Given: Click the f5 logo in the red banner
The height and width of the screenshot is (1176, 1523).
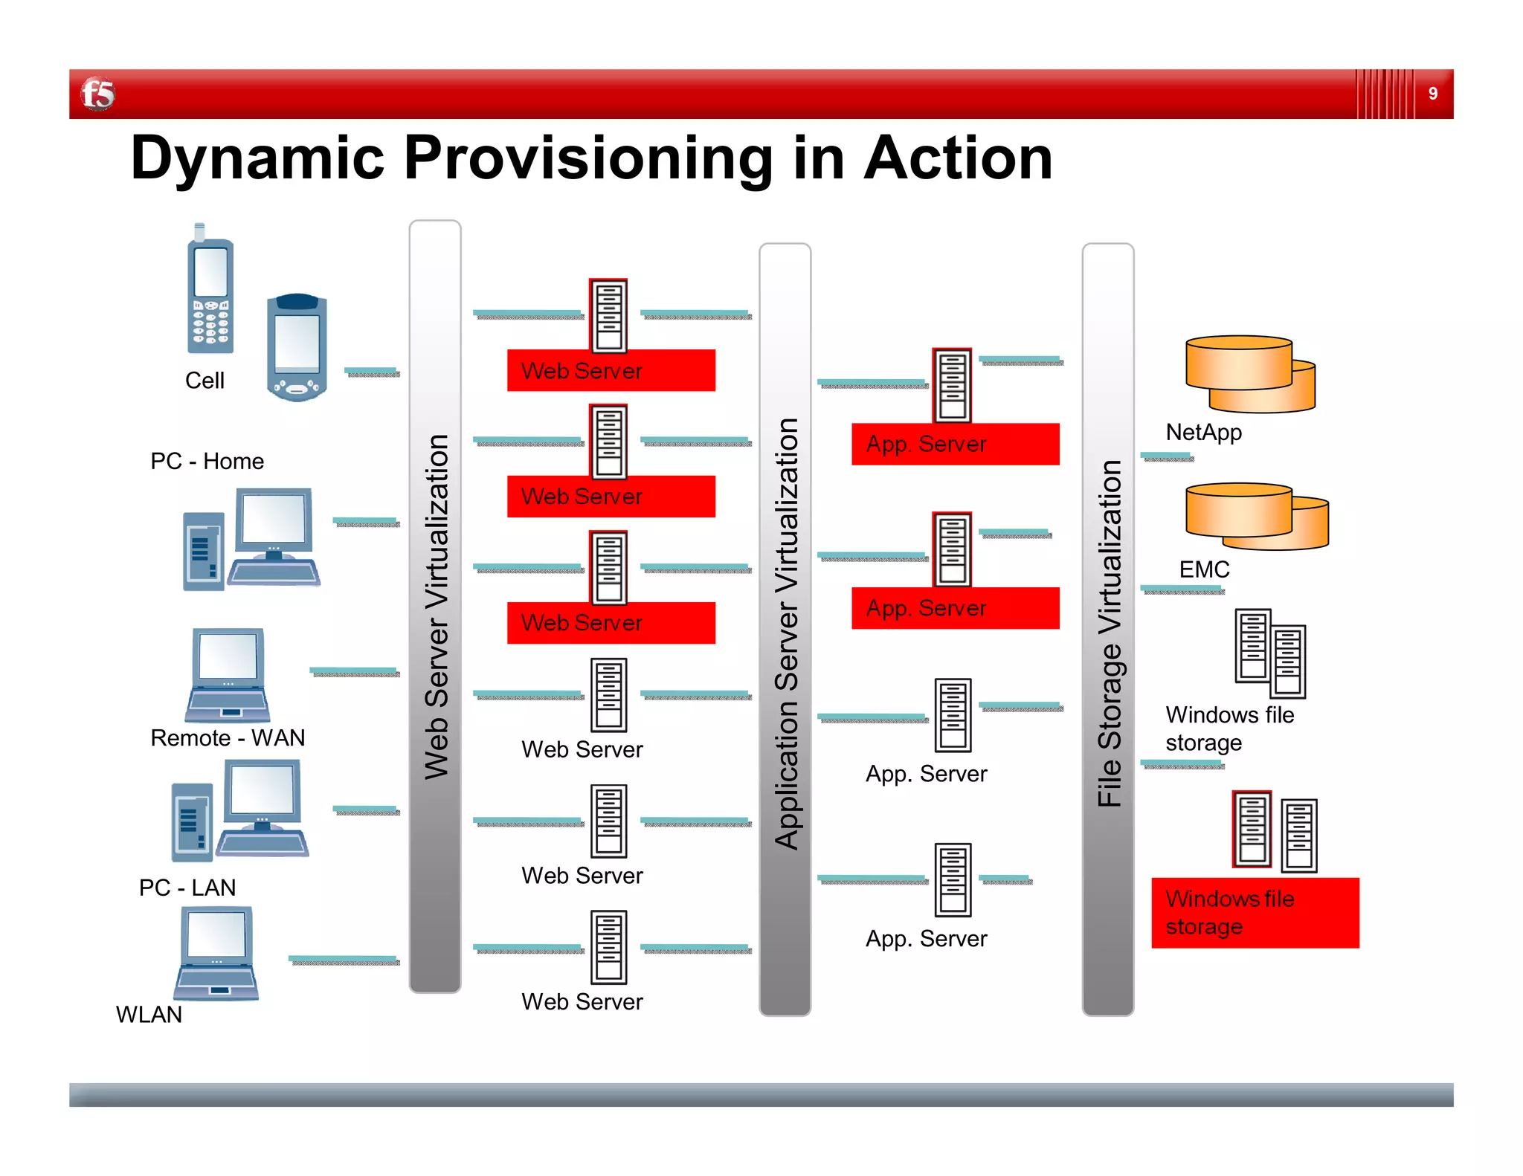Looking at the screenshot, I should click(x=97, y=94).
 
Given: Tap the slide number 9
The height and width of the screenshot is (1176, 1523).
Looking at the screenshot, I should click(x=1432, y=94).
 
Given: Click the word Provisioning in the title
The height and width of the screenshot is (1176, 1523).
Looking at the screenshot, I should click(x=588, y=158).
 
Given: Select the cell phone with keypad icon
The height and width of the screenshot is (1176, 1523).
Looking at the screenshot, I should click(x=210, y=294).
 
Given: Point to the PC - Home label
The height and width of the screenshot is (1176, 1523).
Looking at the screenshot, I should click(x=207, y=461).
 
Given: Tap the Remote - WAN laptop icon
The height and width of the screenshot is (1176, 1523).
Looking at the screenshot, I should click(x=228, y=675).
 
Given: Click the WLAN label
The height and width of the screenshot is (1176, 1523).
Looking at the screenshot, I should click(x=149, y=1015).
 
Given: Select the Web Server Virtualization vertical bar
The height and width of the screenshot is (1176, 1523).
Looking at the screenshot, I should click(x=435, y=606).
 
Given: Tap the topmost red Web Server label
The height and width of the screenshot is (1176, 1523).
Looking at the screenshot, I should click(x=611, y=370).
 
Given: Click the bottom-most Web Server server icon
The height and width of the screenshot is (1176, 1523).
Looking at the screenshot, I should click(x=608, y=947).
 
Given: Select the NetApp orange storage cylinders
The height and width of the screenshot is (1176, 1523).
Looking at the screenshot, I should click(x=1249, y=374).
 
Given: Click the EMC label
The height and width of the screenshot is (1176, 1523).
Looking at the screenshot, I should click(x=1204, y=569).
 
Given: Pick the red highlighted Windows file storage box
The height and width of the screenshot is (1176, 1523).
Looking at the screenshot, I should click(x=1255, y=913).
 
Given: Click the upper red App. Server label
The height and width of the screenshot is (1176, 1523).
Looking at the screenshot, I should click(x=955, y=445).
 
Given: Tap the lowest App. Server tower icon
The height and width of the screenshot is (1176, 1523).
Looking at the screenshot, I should click(x=953, y=880).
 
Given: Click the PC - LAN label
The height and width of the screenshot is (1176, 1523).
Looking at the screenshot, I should click(x=187, y=888).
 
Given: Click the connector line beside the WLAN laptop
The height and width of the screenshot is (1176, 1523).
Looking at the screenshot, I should click(x=344, y=960).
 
